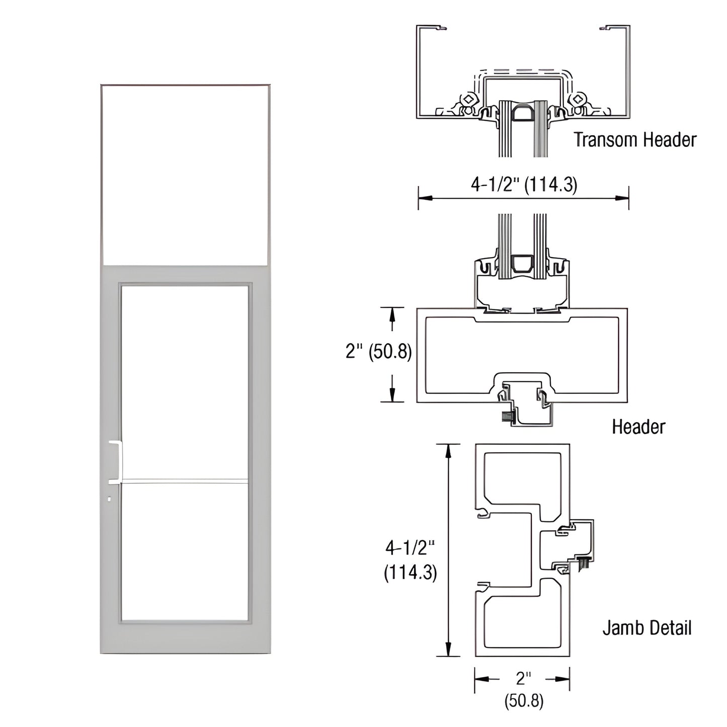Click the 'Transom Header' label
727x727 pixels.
pyautogui.click(x=635, y=140)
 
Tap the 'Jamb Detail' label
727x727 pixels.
pyautogui.click(x=647, y=628)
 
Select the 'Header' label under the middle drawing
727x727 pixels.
pyautogui.click(x=638, y=427)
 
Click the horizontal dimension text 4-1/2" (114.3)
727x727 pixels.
pyautogui.click(x=524, y=185)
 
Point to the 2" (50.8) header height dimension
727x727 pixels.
pyautogui.click(x=378, y=351)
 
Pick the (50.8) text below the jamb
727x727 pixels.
pyautogui.click(x=524, y=700)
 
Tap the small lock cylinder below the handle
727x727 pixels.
pyautogui.click(x=110, y=499)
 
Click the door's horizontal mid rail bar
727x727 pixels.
pyautogui.click(x=185, y=481)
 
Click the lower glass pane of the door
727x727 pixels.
pyautogui.click(x=185, y=551)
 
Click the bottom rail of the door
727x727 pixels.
pyautogui.click(x=185, y=638)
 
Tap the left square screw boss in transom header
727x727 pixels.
pyautogui.click(x=469, y=99)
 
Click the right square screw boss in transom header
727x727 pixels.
pyautogui.click(x=579, y=99)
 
